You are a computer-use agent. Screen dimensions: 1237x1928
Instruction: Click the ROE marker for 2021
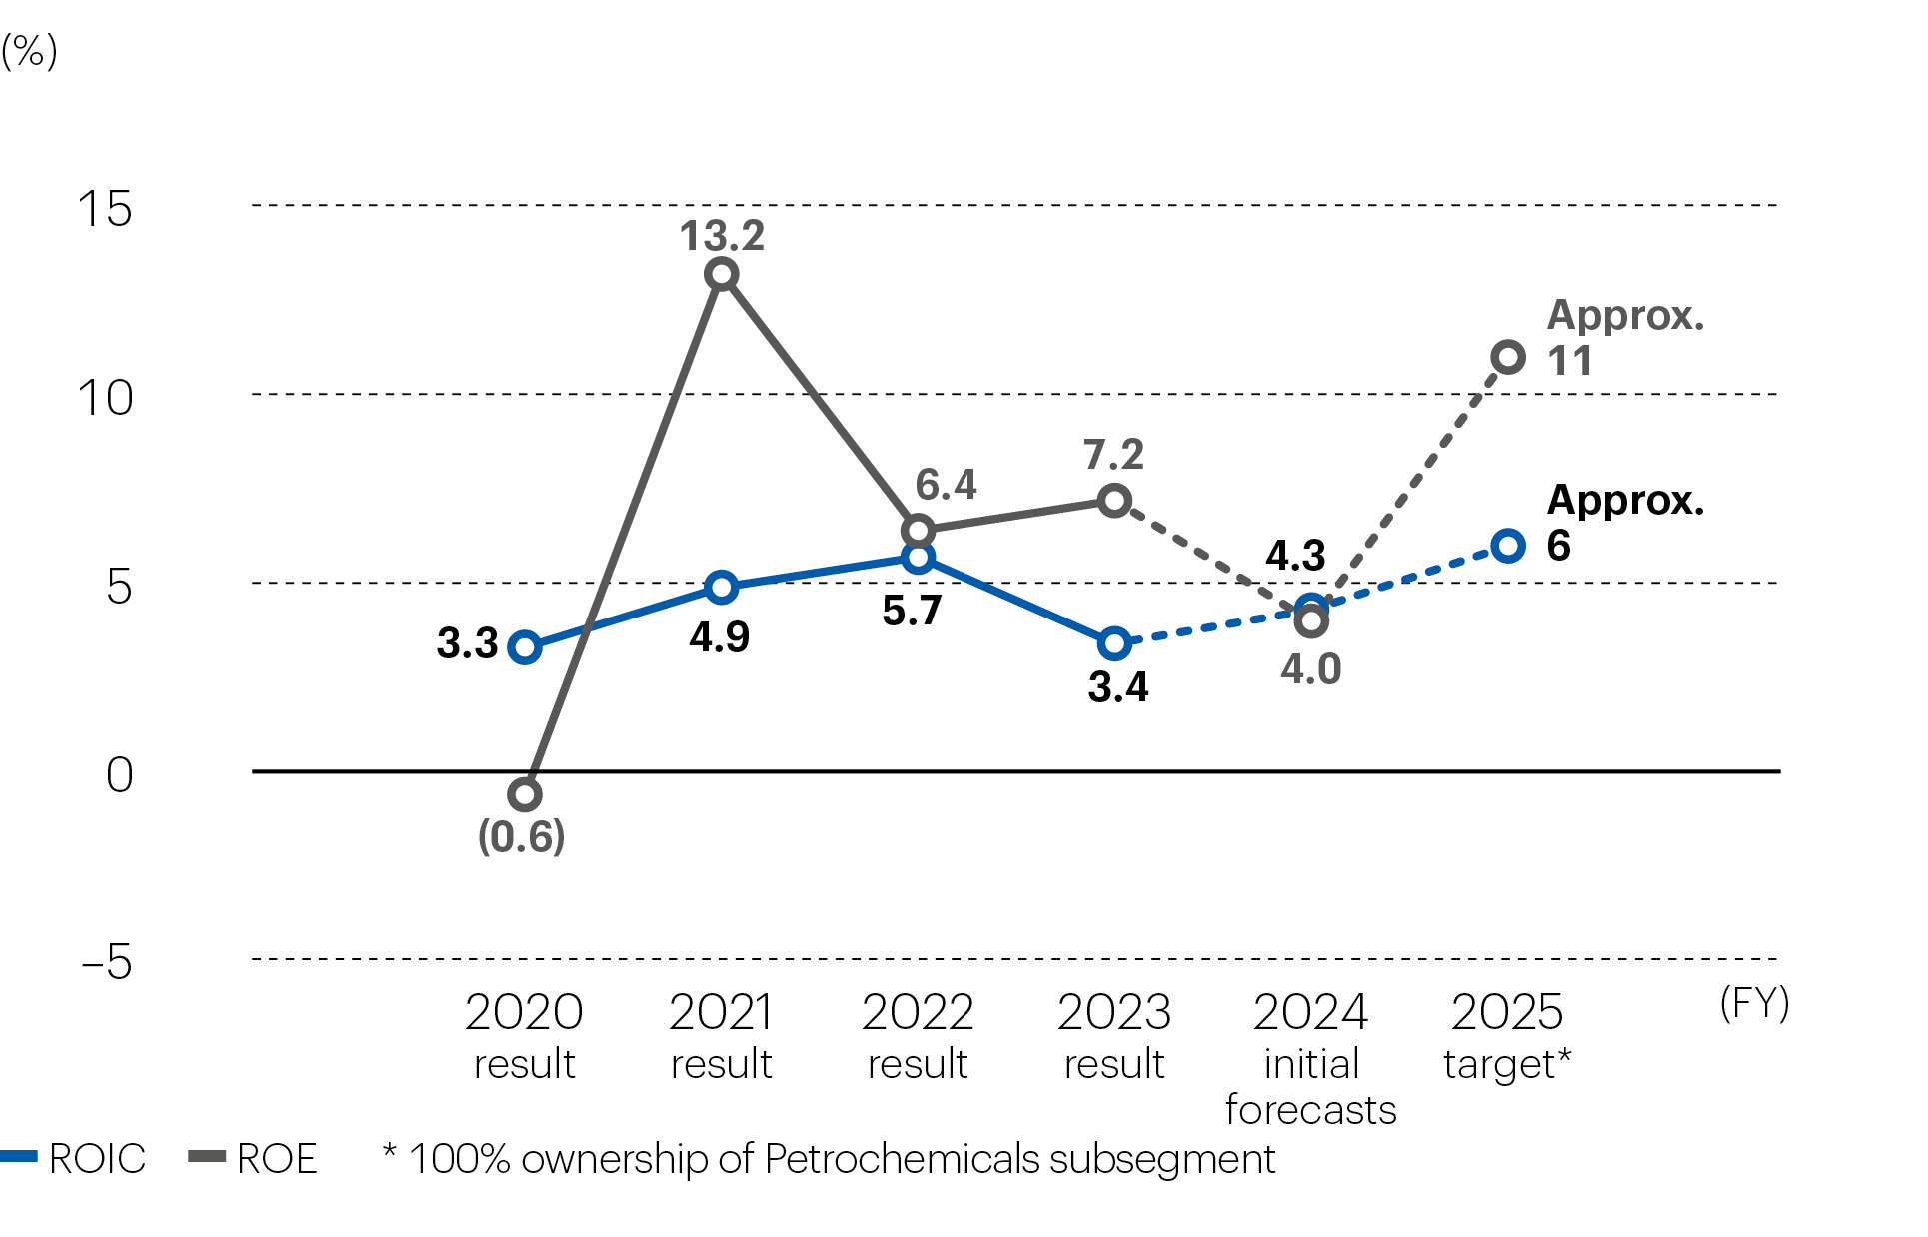(x=722, y=274)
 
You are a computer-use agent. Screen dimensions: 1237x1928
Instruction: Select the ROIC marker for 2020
(x=525, y=647)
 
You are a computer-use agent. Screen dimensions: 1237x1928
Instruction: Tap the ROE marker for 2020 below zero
(x=525, y=794)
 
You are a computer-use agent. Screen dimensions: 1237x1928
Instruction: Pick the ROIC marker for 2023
(x=1114, y=643)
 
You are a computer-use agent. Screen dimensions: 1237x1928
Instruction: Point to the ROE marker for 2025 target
(x=1508, y=357)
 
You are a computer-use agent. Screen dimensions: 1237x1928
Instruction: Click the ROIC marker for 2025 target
(x=1508, y=546)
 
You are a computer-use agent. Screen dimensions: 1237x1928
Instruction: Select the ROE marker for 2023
(x=1114, y=500)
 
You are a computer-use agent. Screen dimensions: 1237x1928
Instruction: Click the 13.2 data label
(x=722, y=236)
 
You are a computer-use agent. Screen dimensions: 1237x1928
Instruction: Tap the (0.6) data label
(x=521, y=836)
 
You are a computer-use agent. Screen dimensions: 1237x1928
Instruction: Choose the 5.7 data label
(x=912, y=611)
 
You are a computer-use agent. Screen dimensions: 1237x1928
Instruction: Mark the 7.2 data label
(x=1113, y=455)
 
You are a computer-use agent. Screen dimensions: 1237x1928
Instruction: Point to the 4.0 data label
(x=1310, y=669)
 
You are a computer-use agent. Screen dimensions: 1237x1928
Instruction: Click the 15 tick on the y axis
(x=105, y=210)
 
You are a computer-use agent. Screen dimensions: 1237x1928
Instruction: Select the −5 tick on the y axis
(x=107, y=962)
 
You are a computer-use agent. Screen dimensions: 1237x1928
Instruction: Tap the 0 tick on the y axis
(x=119, y=775)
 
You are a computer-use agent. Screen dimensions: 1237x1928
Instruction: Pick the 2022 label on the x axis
(x=918, y=1013)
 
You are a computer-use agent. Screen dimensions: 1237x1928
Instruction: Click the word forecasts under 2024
(x=1310, y=1110)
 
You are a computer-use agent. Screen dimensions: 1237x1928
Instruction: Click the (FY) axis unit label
(x=1754, y=1002)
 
